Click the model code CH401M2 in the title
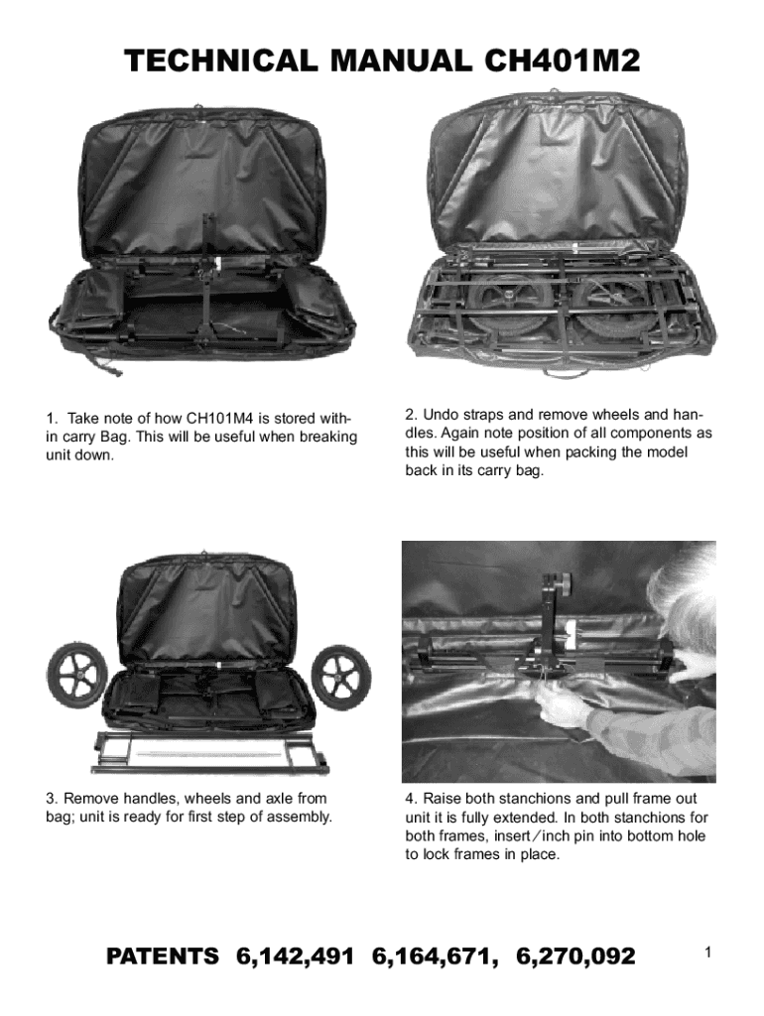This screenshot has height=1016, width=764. [562, 61]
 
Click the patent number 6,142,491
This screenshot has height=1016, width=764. [296, 956]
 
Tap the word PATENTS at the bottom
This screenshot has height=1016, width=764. [163, 956]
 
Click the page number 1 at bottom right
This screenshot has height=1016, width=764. [708, 952]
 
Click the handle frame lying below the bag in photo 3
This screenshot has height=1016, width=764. [209, 753]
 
